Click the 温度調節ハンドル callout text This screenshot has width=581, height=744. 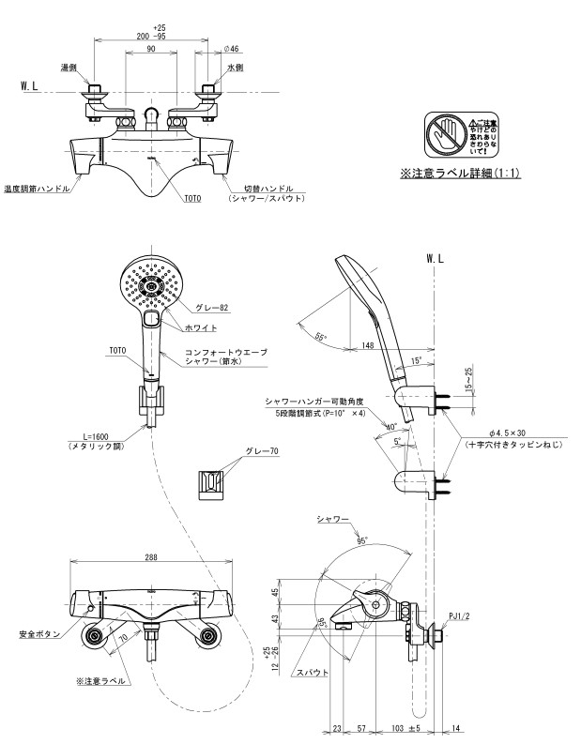coord(37,188)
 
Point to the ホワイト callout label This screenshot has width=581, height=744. coord(202,327)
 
